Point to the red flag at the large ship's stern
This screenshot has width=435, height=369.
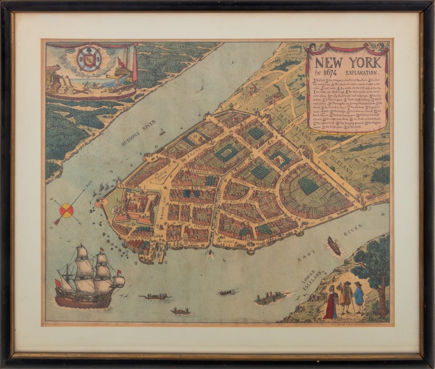(58, 283)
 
